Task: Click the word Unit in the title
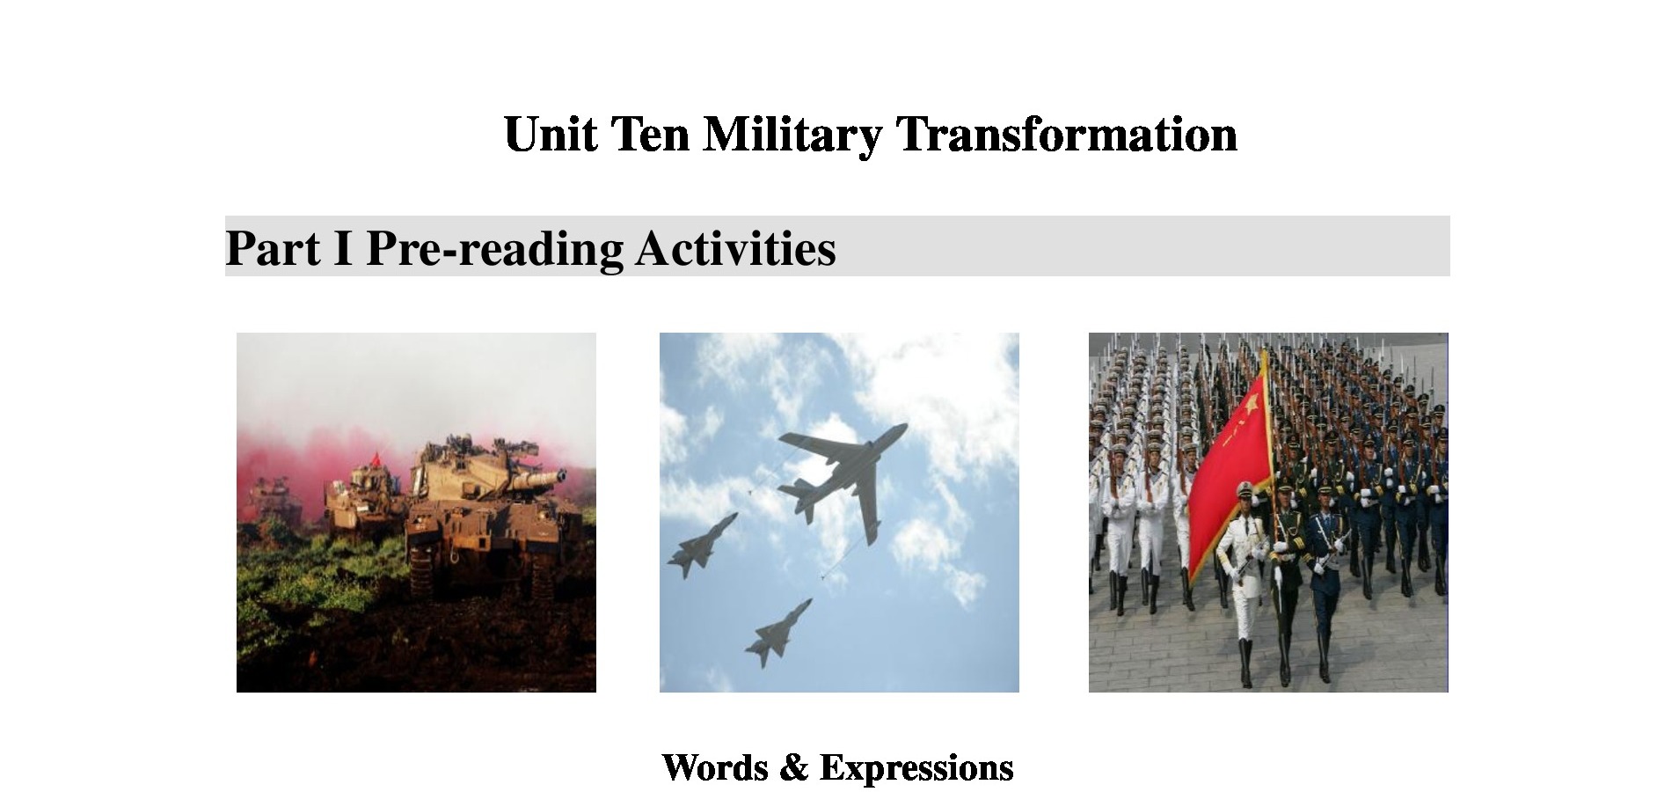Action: point(550,135)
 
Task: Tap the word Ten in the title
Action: point(650,135)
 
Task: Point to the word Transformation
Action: point(1066,135)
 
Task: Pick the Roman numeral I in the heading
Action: point(343,248)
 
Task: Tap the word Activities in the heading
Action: point(735,247)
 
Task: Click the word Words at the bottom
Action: point(714,767)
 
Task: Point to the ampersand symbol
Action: point(793,767)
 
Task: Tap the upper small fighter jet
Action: point(703,546)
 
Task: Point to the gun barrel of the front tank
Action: point(535,479)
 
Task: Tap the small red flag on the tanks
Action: point(376,458)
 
